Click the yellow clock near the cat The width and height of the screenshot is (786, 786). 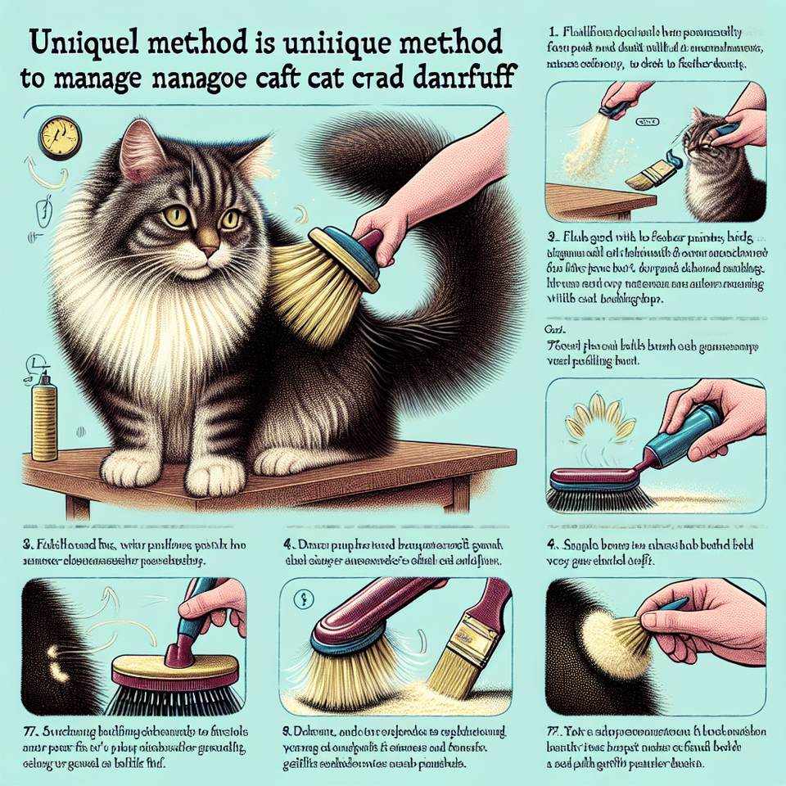tap(56, 137)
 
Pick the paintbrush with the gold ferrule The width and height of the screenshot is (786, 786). tap(467, 635)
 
